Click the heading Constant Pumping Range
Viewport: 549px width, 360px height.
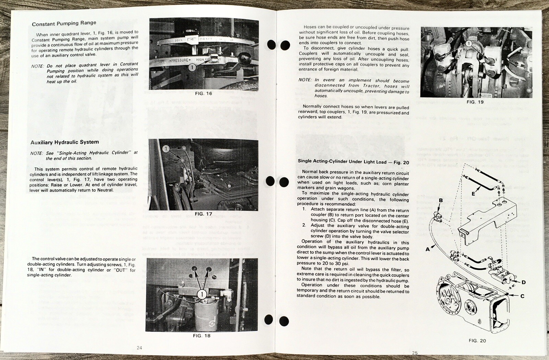[x=64, y=23]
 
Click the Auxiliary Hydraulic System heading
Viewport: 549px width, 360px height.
[x=65, y=142]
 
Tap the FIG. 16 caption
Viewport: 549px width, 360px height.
[x=203, y=93]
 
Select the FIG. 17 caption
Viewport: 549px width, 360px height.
[x=203, y=214]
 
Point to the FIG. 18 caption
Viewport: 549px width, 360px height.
[x=201, y=336]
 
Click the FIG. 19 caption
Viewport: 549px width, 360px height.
[x=475, y=102]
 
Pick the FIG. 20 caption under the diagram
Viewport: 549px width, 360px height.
[x=477, y=340]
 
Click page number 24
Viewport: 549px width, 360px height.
[x=139, y=348]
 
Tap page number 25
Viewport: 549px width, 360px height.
[x=415, y=353]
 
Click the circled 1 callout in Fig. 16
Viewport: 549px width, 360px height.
[x=192, y=68]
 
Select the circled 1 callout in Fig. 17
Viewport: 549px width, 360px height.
[x=166, y=148]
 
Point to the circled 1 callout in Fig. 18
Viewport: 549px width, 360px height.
[x=202, y=294]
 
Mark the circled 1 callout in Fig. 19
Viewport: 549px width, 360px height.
[x=468, y=44]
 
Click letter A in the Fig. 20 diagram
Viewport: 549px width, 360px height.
[x=428, y=249]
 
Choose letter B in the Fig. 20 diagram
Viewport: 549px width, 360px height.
[x=441, y=200]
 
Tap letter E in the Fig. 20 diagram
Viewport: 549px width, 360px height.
[x=473, y=194]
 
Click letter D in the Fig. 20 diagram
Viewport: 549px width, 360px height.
[x=524, y=282]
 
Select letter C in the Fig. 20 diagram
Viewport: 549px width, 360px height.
[x=522, y=296]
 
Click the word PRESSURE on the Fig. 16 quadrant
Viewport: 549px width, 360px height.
[x=179, y=60]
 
